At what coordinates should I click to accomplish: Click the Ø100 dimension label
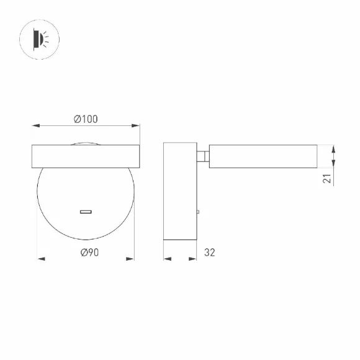coord(86,119)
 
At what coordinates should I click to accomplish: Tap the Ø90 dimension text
coord(89,253)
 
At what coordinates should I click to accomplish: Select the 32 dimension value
coord(209,253)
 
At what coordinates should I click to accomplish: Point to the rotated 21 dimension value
coord(327,178)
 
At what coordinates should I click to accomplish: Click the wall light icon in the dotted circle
coord(40,39)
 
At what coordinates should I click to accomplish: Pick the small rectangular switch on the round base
coord(86,212)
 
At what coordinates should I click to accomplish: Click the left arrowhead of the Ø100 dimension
coord(36,125)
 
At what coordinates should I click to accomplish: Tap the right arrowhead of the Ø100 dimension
coord(135,125)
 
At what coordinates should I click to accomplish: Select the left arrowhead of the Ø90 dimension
coord(41,259)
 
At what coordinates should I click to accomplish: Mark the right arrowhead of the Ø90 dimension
coord(130,259)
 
